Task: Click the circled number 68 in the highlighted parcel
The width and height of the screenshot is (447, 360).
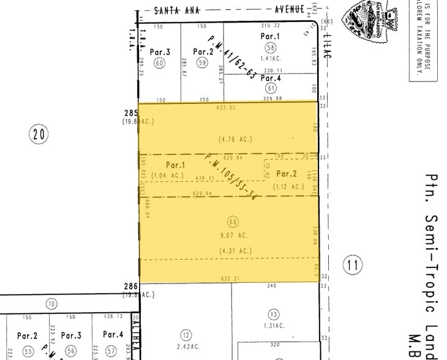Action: tap(233, 222)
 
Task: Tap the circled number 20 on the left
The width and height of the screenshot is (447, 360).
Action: tap(39, 134)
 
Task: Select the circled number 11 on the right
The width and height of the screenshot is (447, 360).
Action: tap(351, 265)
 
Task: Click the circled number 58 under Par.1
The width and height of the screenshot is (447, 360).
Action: tap(270, 47)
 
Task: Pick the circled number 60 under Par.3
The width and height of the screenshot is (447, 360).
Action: tap(160, 62)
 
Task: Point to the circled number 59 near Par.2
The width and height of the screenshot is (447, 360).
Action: tap(202, 62)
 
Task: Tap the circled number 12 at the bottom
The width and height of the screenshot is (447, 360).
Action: tap(186, 334)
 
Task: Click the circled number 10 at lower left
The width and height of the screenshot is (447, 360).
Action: tap(51, 304)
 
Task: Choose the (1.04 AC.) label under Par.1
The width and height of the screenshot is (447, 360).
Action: tap(167, 176)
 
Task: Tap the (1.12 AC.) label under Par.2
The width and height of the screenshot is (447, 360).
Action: tap(288, 187)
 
